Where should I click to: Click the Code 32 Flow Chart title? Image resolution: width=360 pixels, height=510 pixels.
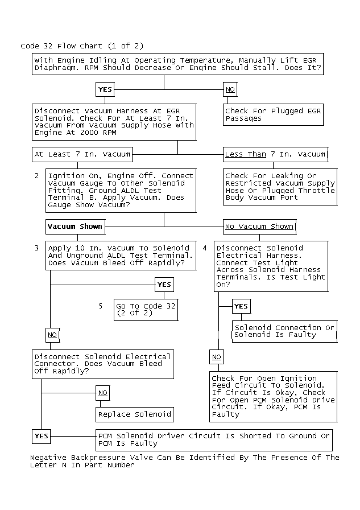pos(82,46)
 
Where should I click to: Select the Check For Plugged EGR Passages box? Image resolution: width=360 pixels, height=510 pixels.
pos(274,114)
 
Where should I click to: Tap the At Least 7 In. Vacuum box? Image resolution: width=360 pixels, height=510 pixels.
pos(82,154)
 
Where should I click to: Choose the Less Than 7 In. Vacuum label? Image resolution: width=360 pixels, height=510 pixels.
pos(275,154)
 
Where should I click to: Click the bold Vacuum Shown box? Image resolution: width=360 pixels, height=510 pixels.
pos(75,226)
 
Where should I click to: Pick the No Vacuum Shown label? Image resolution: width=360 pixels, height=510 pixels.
pos(259,226)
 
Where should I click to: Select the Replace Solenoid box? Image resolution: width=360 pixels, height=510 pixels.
pos(134,414)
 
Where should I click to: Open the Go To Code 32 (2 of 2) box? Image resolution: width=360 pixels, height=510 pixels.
pos(146,310)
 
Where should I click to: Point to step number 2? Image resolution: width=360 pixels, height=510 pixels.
pos(36,176)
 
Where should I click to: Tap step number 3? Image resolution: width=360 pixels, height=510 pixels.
pos(36,248)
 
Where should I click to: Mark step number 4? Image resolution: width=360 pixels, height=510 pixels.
pos(205,248)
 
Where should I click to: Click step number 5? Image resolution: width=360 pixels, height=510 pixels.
pos(101,306)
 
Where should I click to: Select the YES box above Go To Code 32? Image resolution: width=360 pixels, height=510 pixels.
pos(164,285)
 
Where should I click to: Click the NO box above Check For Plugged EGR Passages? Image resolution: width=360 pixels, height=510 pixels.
pos(230,89)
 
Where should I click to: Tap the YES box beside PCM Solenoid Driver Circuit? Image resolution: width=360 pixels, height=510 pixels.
pos(42,436)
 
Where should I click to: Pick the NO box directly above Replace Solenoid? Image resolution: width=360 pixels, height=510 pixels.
pos(103,393)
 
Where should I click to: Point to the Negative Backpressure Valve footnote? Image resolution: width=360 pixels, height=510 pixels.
pos(184,461)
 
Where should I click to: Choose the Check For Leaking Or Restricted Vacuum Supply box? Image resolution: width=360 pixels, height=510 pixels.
pos(280,187)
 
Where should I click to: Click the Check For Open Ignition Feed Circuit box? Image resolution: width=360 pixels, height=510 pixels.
pos(273,396)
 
